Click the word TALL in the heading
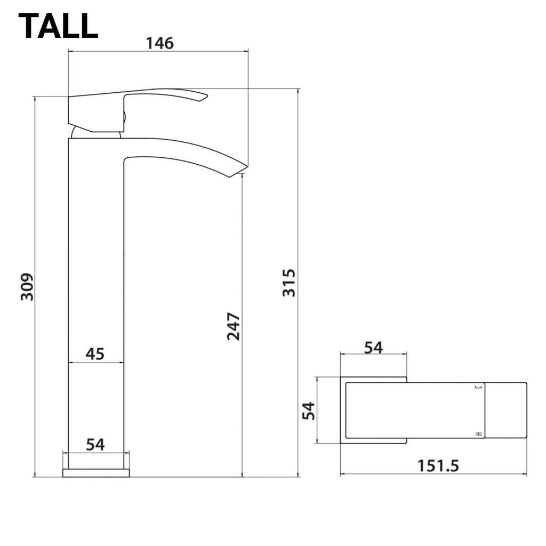[58, 25]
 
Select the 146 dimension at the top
[160, 43]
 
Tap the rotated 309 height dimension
[27, 287]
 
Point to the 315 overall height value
[288, 283]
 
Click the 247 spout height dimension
[234, 326]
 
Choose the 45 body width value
[95, 354]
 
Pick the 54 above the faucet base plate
[95, 444]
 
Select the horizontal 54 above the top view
[373, 348]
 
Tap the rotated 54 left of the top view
[309, 411]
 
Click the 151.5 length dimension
[438, 465]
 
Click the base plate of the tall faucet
[96, 473]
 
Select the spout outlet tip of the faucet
[237, 171]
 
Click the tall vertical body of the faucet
[96, 267]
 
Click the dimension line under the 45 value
[96, 363]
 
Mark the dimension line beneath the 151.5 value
[433, 474]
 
